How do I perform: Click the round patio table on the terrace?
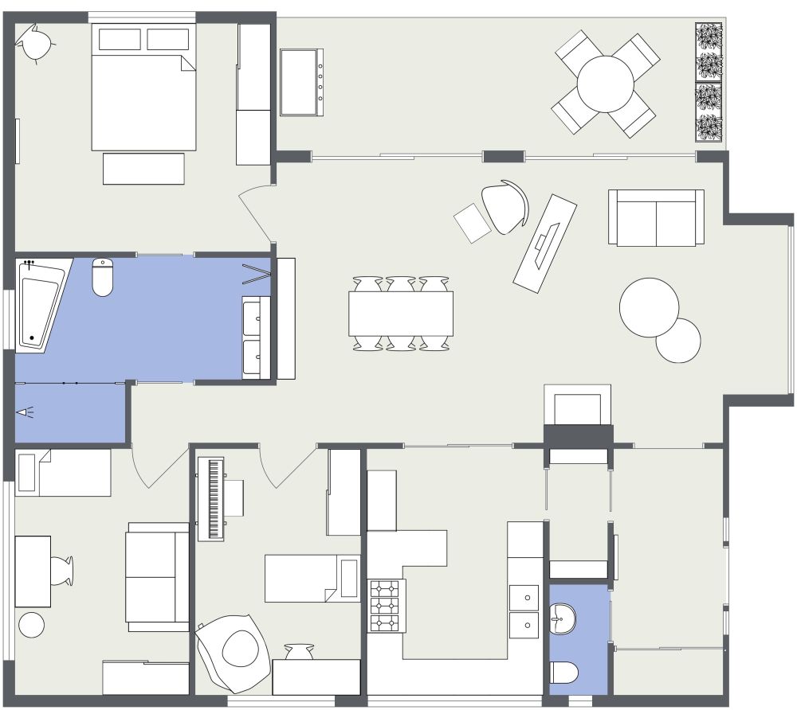(x=606, y=84)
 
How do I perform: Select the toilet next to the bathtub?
(x=103, y=277)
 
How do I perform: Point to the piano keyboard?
(x=213, y=499)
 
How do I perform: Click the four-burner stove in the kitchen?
(x=387, y=605)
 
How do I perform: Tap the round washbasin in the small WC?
(x=565, y=618)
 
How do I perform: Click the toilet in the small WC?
(x=565, y=673)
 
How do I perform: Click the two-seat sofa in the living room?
(x=656, y=217)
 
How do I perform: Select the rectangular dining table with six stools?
(x=401, y=313)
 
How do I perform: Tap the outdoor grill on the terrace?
(x=302, y=82)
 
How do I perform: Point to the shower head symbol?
(x=26, y=412)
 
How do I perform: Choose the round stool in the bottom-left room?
(x=32, y=625)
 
